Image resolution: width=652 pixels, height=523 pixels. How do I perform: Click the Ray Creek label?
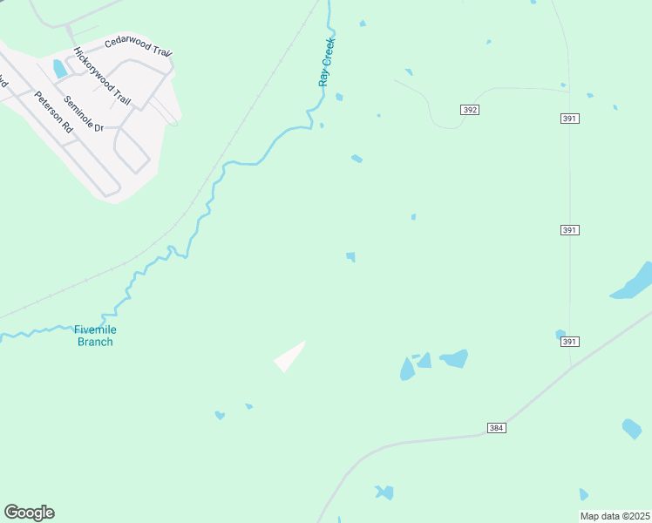tap(327, 61)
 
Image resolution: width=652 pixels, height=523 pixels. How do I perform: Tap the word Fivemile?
tap(95, 329)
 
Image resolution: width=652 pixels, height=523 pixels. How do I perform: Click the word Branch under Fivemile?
tap(95, 342)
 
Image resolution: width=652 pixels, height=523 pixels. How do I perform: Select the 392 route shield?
tap(470, 110)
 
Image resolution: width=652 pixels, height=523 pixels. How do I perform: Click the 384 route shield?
tap(496, 428)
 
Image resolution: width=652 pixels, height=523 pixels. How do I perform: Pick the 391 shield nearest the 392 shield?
tap(570, 119)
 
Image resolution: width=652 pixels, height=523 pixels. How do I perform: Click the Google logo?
tap(29, 513)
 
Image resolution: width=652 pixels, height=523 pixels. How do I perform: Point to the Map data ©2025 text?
tap(615, 516)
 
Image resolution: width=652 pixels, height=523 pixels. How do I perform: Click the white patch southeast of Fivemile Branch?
tap(291, 356)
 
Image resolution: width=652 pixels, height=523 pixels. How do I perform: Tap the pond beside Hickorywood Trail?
tap(59, 68)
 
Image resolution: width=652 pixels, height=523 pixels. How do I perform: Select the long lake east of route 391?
tap(634, 282)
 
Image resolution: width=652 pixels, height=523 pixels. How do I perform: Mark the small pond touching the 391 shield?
tap(560, 334)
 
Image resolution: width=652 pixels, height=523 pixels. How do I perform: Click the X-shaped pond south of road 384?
tap(384, 492)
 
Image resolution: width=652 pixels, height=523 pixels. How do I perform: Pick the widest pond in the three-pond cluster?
tap(455, 358)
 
